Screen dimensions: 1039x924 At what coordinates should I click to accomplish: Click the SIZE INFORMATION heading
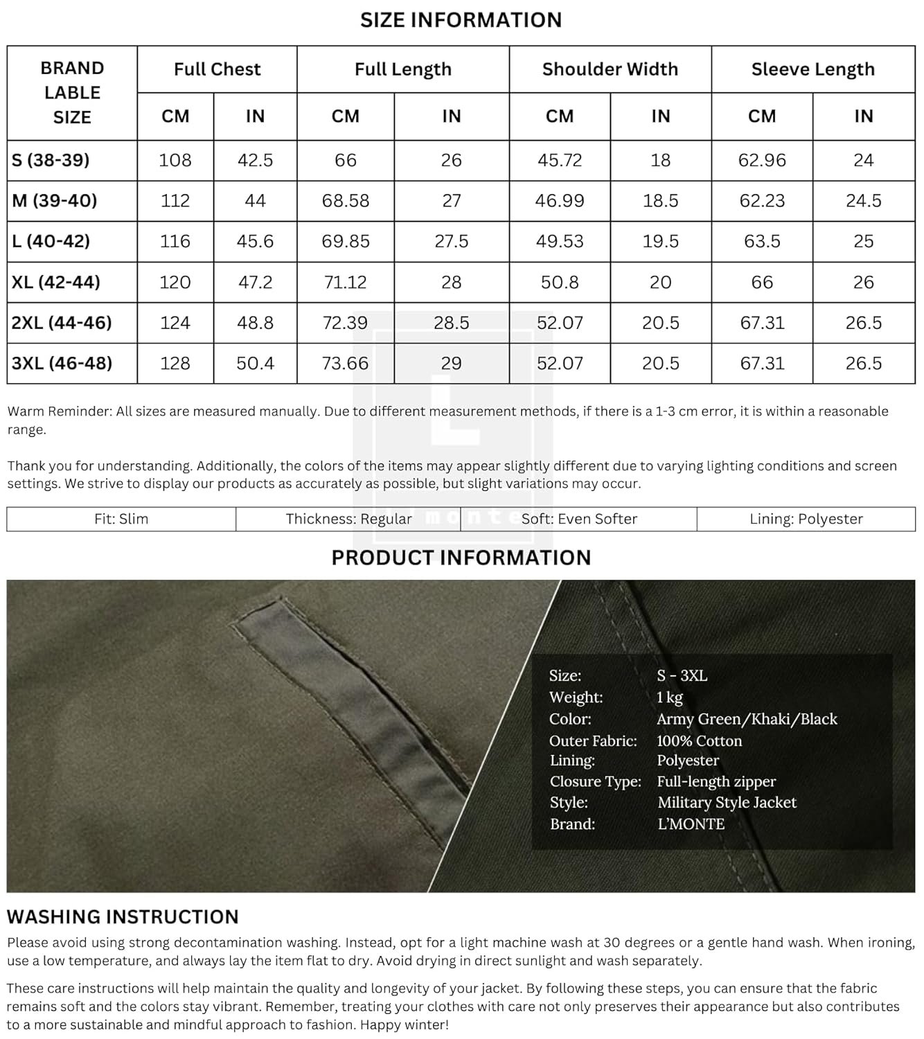461,20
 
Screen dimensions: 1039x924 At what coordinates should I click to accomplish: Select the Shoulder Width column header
610,69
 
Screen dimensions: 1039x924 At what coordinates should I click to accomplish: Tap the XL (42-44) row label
56,282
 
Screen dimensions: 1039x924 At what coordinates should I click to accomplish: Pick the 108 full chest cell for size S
175,160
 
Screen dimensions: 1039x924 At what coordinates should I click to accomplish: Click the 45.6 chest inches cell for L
255,241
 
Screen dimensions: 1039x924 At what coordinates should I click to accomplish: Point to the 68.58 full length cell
345,201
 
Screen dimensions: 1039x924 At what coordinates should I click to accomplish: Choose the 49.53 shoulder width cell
560,241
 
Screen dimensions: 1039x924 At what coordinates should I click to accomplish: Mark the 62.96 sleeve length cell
762,160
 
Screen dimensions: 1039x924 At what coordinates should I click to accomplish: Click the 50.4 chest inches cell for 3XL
255,363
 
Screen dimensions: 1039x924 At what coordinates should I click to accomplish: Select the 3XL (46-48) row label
62,363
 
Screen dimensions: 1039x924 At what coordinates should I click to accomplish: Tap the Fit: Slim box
121,519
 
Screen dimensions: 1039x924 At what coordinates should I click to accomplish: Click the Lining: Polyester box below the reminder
806,519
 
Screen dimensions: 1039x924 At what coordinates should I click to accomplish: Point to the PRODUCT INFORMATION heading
461,558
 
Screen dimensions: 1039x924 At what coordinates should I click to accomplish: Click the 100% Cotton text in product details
699,740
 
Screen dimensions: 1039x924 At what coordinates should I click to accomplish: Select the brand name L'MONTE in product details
691,824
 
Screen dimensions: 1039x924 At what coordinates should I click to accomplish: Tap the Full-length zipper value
716,781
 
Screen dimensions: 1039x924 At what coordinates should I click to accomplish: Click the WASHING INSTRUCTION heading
123,916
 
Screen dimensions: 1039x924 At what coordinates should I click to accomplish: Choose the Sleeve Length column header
812,69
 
